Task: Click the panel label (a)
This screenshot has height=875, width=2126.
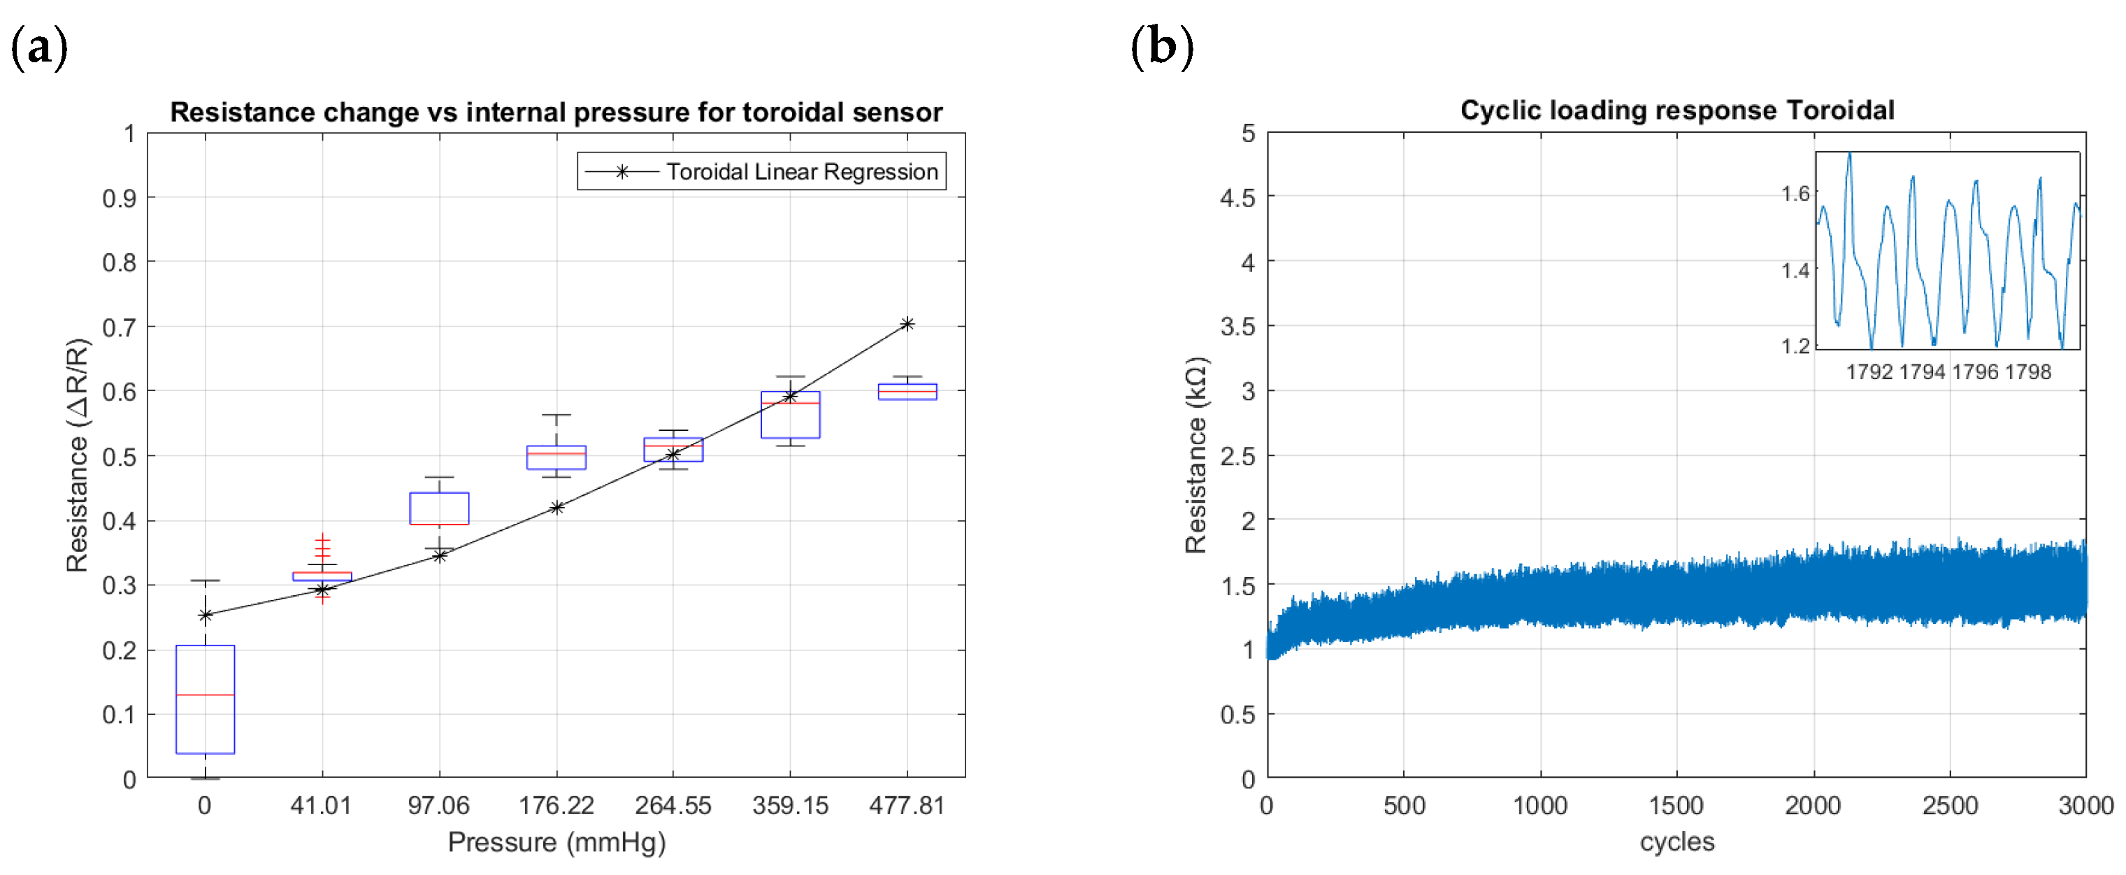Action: [38, 47]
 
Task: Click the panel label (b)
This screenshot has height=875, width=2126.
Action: [1161, 47]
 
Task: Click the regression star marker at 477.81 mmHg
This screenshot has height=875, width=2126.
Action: [907, 325]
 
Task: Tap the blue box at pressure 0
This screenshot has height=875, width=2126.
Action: [206, 699]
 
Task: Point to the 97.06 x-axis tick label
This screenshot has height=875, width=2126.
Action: [438, 806]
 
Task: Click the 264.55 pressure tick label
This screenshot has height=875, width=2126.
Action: [673, 806]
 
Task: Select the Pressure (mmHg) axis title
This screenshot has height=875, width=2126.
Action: [556, 843]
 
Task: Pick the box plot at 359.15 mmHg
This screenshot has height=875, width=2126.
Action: [790, 414]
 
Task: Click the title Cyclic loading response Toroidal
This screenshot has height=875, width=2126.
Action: [1676, 111]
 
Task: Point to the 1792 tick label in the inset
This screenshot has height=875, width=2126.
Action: [1869, 372]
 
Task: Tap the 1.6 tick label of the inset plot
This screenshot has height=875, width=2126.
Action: [1795, 194]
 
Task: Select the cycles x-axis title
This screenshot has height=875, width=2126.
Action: [1676, 842]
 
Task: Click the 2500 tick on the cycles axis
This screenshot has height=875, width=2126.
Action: [1949, 806]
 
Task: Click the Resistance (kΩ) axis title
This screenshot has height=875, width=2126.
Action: [1196, 455]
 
